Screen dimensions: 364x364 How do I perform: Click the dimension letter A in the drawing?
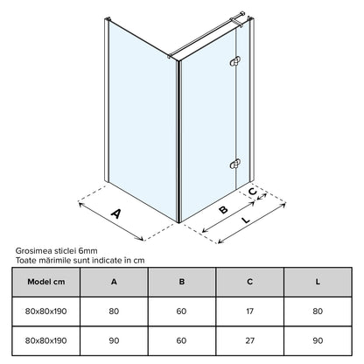[x=116, y=213]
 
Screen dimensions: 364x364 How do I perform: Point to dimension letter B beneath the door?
[x=223, y=209]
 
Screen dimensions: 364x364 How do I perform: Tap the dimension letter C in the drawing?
[x=253, y=192]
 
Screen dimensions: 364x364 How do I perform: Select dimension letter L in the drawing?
[x=247, y=220]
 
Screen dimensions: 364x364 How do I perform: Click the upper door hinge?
[x=234, y=61]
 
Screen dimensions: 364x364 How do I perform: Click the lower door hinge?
[x=234, y=164]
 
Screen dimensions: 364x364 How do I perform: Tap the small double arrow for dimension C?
[x=262, y=197]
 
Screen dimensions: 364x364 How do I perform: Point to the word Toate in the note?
[x=24, y=260]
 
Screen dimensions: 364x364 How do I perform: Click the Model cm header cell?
[x=46, y=282]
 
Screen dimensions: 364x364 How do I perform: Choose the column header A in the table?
[x=114, y=282]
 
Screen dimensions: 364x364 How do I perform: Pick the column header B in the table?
[x=182, y=282]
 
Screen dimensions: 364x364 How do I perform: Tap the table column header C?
[x=249, y=282]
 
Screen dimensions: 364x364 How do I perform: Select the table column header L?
[x=318, y=282]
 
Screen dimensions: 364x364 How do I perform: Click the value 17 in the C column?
[x=249, y=311]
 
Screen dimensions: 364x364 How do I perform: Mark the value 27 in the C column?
[x=249, y=340]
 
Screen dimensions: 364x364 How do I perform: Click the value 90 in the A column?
[x=114, y=340]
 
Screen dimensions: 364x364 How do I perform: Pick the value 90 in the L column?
[x=318, y=340]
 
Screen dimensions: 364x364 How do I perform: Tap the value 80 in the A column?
[x=114, y=311]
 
